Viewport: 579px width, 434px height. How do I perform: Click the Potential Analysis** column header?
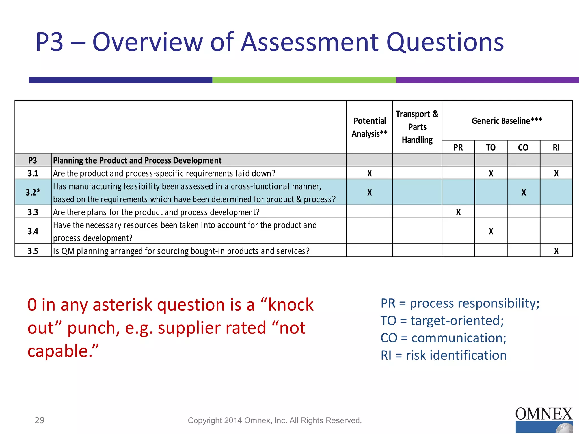[369, 127]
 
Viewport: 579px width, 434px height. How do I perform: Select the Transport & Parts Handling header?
[417, 127]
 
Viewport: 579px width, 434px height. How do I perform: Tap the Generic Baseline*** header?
[507, 121]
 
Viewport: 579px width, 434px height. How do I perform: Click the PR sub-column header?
[458, 147]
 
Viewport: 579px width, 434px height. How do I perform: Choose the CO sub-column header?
[523, 147]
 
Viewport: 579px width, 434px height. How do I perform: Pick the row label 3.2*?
[33, 192]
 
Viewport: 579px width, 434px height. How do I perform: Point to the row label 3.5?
[33, 251]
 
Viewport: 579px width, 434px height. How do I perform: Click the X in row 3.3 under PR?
[458, 212]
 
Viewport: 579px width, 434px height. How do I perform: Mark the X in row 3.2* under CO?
[524, 192]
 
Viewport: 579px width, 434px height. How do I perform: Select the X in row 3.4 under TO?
[491, 231]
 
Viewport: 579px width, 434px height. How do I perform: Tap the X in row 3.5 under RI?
[556, 251]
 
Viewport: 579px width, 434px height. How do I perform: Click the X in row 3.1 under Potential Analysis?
[370, 173]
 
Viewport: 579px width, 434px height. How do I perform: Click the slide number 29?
[40, 420]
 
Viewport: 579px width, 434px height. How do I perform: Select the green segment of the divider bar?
[304, 80]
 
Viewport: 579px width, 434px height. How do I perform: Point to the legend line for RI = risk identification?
[443, 355]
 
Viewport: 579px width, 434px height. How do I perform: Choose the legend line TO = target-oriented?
[442, 321]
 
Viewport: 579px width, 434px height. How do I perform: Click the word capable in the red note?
[59, 351]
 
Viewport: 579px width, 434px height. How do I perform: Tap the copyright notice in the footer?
[275, 420]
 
